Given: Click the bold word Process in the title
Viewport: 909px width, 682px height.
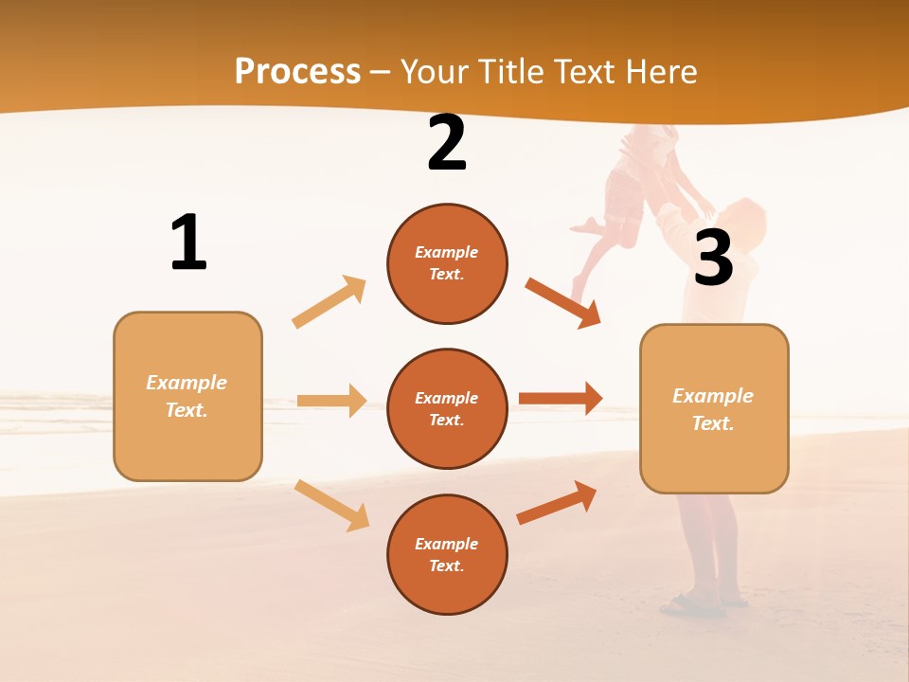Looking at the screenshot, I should tap(297, 72).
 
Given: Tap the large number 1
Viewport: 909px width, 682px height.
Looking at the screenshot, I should tap(188, 242).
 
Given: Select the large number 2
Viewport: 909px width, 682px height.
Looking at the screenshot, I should tap(447, 144).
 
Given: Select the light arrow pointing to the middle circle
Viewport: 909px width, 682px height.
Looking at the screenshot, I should tap(331, 401).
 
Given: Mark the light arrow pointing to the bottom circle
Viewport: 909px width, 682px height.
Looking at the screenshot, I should tap(332, 505).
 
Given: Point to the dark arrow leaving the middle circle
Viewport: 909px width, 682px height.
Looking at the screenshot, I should tap(561, 398).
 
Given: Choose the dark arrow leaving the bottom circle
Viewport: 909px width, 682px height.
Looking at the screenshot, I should tap(557, 502).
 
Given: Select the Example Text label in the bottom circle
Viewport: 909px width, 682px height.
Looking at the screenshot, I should tap(447, 555).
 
